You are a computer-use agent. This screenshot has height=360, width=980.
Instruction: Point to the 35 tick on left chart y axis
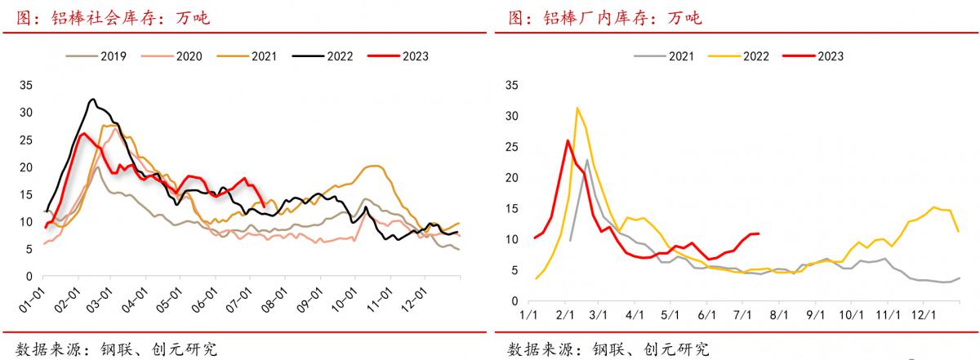pos(25,85)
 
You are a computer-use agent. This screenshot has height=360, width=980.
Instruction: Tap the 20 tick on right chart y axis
pos(513,178)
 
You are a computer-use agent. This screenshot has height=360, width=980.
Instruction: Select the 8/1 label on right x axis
pos(781,314)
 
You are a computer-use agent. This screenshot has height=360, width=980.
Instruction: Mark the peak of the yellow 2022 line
pos(577,108)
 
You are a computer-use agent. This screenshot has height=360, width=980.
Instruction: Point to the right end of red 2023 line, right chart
pos(759,233)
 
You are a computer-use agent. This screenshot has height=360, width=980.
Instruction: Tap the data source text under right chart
pos(608,349)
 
